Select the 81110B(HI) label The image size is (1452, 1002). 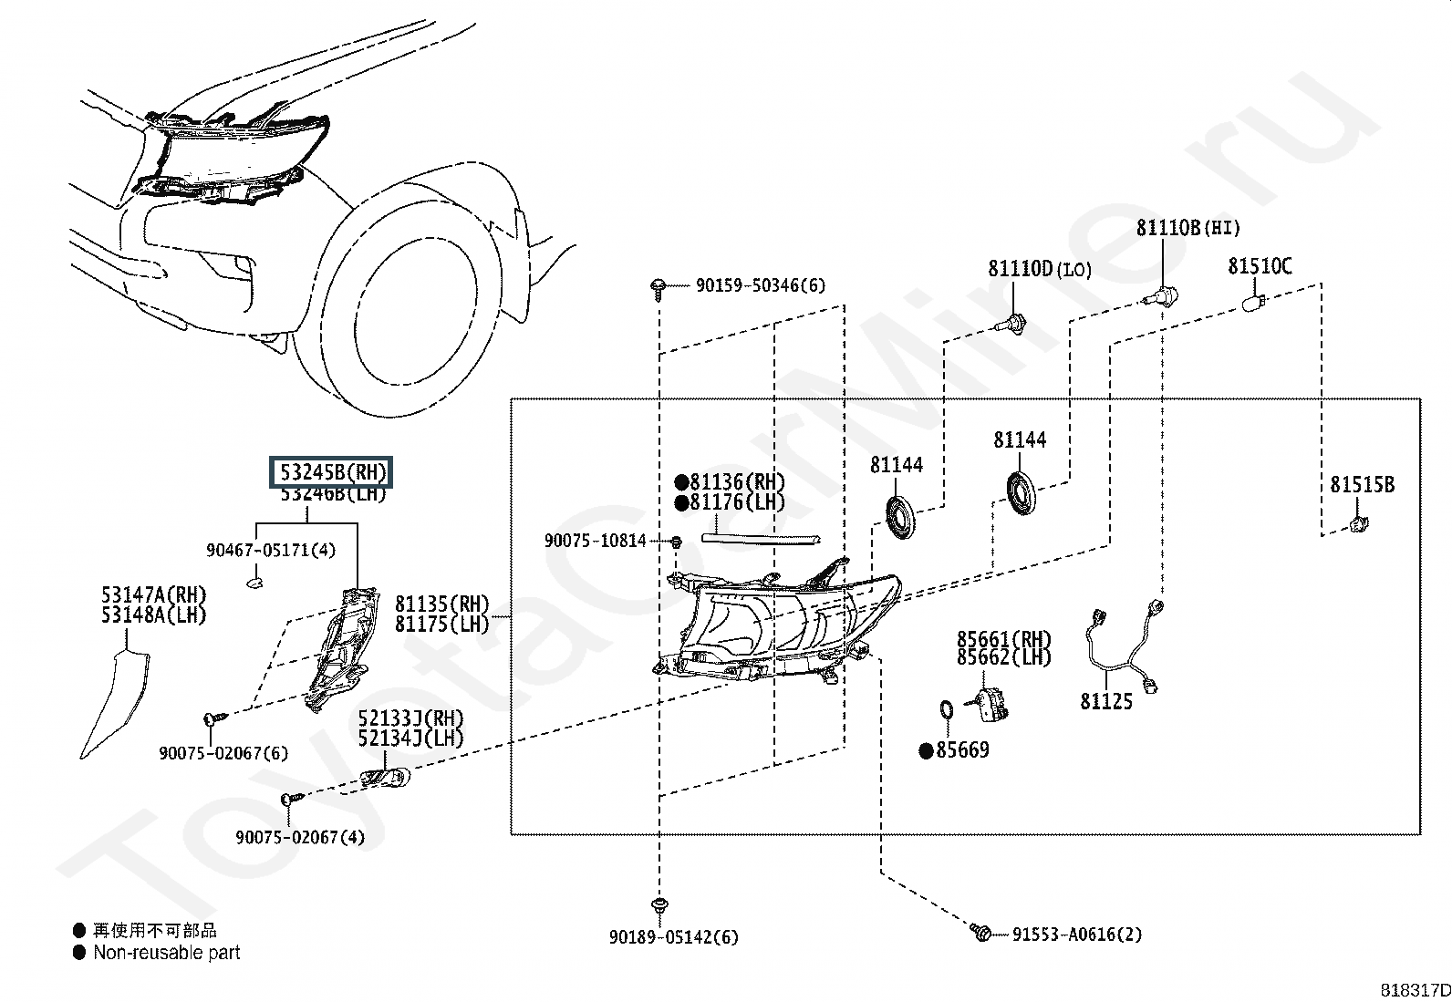1188,228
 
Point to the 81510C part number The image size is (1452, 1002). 1260,266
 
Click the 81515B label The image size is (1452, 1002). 1362,485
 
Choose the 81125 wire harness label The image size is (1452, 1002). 1106,701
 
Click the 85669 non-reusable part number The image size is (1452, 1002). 962,750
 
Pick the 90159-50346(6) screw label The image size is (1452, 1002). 760,285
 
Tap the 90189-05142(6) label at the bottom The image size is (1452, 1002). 674,936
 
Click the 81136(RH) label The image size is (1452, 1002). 737,482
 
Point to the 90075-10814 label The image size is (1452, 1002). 596,541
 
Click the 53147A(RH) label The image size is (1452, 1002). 153,596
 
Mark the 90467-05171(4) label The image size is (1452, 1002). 271,550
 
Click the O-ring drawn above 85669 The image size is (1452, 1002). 947,708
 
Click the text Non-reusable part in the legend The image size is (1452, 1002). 167,953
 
